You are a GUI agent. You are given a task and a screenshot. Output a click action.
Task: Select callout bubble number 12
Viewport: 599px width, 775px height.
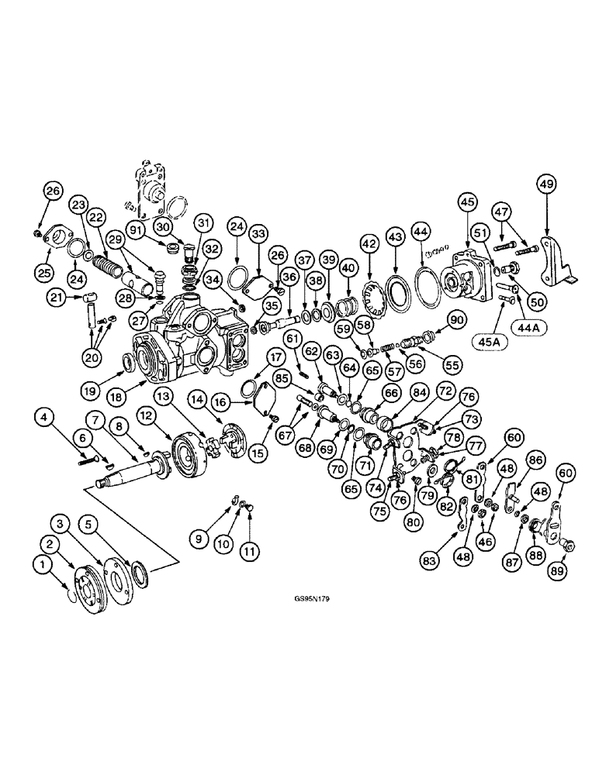(x=147, y=417)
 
